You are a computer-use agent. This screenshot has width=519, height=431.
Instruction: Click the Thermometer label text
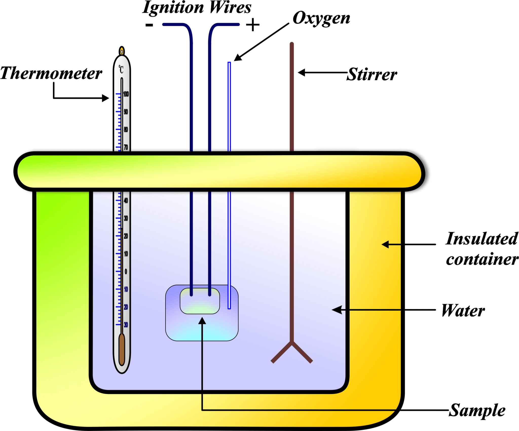click(x=51, y=73)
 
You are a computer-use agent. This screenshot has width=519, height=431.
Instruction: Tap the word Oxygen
click(x=321, y=18)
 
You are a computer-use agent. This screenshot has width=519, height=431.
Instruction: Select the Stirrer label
click(x=372, y=75)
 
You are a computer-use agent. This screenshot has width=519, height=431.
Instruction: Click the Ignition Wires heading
click(x=197, y=8)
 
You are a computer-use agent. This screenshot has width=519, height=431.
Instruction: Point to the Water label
click(x=463, y=311)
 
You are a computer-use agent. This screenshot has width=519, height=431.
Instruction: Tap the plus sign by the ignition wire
click(x=253, y=25)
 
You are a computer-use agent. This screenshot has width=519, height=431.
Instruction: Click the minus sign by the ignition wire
click(x=149, y=25)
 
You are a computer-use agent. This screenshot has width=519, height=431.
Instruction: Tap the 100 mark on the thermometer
click(x=126, y=94)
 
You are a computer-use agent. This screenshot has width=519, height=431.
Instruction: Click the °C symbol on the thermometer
click(x=121, y=69)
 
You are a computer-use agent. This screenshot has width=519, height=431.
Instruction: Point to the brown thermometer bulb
click(x=122, y=350)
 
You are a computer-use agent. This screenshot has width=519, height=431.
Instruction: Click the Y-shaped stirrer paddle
click(x=292, y=352)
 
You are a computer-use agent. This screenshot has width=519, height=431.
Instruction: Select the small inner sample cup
click(x=200, y=301)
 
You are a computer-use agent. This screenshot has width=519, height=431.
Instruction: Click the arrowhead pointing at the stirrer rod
click(x=301, y=72)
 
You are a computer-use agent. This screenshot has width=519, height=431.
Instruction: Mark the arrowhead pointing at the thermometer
click(x=106, y=98)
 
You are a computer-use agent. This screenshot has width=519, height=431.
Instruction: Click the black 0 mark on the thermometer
click(x=126, y=272)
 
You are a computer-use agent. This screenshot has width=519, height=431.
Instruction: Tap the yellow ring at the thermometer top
click(x=122, y=51)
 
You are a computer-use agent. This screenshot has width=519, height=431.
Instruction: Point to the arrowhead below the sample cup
click(x=202, y=321)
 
